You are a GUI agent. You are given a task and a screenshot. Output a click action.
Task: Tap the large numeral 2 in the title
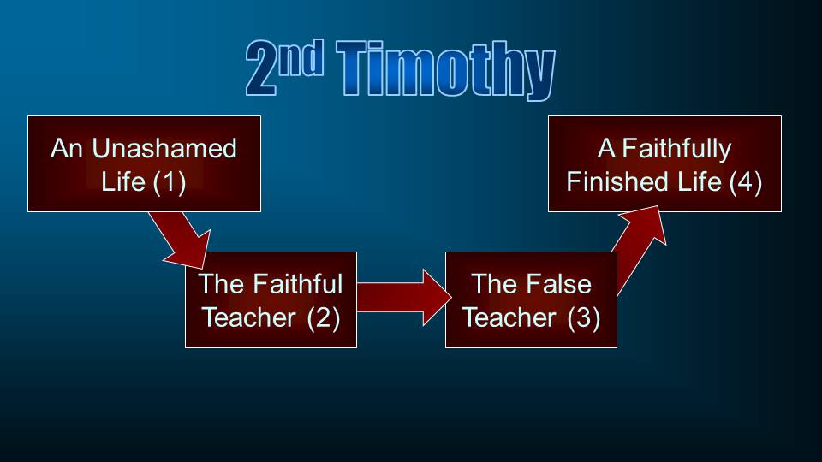[x=261, y=68]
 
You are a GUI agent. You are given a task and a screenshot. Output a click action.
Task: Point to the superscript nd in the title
[x=301, y=58]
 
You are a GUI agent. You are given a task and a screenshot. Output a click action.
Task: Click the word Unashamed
[x=164, y=148]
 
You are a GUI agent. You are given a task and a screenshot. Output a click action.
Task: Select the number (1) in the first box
[x=170, y=182]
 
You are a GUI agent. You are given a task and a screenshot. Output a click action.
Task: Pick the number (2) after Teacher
[x=324, y=318]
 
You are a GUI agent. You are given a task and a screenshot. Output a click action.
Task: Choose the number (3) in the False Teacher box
[x=583, y=318]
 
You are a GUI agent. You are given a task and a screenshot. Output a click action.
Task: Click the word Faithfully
[x=676, y=149]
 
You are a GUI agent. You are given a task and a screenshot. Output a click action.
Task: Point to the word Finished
[x=618, y=181]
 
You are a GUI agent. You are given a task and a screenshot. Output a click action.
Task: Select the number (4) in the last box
[x=746, y=182]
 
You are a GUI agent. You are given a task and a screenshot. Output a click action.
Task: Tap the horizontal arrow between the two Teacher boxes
[x=403, y=298]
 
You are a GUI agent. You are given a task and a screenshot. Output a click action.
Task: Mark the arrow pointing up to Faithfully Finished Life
[x=640, y=249]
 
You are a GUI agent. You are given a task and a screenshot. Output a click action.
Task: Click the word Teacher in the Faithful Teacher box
[x=248, y=318]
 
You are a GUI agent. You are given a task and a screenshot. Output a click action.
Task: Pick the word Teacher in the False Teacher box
[x=509, y=318]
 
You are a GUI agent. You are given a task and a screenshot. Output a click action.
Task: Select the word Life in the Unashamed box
[x=122, y=181]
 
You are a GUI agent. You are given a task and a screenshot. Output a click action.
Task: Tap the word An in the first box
[x=67, y=148]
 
